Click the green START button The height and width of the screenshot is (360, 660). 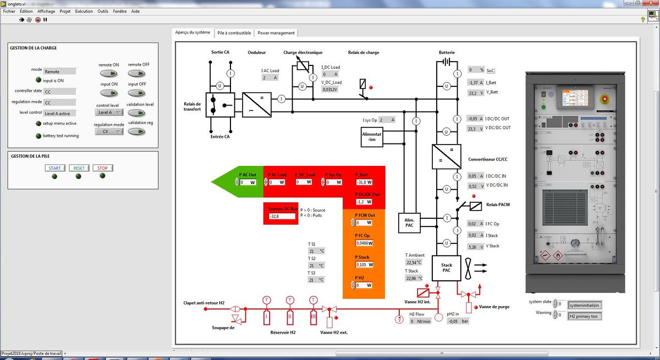54,168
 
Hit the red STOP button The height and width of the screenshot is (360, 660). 102,168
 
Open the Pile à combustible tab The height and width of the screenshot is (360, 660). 234,33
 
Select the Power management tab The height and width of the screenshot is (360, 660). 276,33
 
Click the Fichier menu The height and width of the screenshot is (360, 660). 9,11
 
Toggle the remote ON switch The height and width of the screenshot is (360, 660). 109,73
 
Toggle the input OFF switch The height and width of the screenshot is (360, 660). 137,92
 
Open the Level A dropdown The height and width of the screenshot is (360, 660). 109,113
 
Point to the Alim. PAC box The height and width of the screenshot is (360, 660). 409,221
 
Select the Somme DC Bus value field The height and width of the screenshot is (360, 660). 282,217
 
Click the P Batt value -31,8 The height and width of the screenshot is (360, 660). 363,182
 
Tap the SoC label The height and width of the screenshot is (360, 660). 491,70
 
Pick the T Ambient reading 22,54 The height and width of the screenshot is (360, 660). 414,262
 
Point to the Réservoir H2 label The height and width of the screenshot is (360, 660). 283,332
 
